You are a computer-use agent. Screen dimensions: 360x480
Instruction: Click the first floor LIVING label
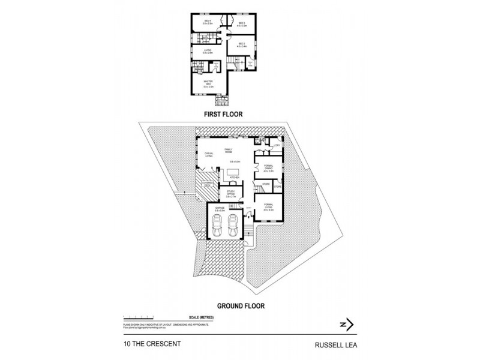pyautogui.click(x=208, y=52)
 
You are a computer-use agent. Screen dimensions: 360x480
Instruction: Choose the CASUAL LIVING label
pyautogui.click(x=209, y=155)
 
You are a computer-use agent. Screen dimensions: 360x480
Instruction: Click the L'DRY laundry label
pyautogui.click(x=277, y=145)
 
